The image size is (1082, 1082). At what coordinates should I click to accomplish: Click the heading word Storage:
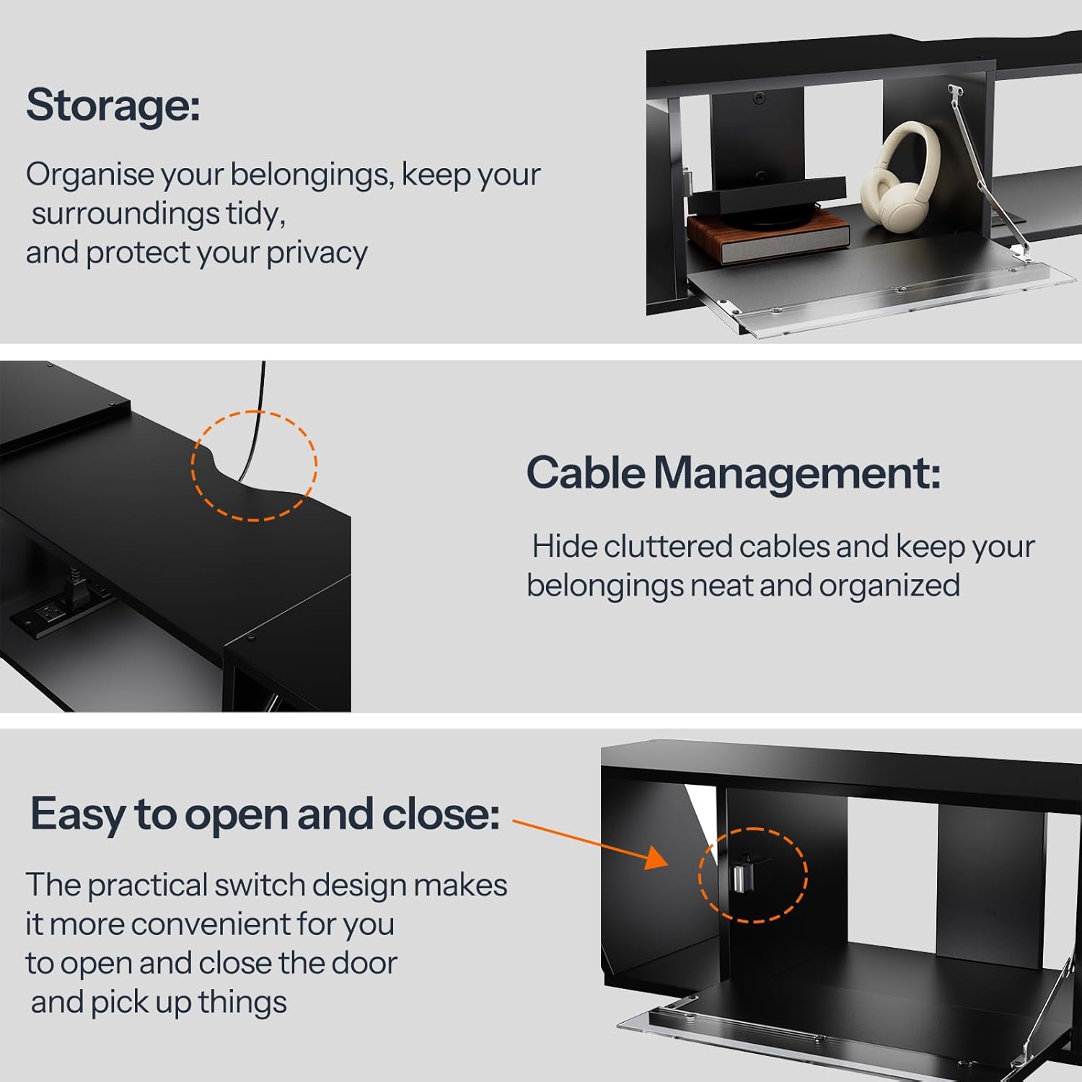tap(113, 105)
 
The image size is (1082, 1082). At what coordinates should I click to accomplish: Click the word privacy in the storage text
tap(317, 253)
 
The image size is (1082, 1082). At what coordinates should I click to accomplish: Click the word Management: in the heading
tap(796, 473)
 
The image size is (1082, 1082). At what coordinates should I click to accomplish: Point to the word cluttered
tap(667, 547)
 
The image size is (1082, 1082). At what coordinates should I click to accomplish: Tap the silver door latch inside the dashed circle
tap(740, 875)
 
